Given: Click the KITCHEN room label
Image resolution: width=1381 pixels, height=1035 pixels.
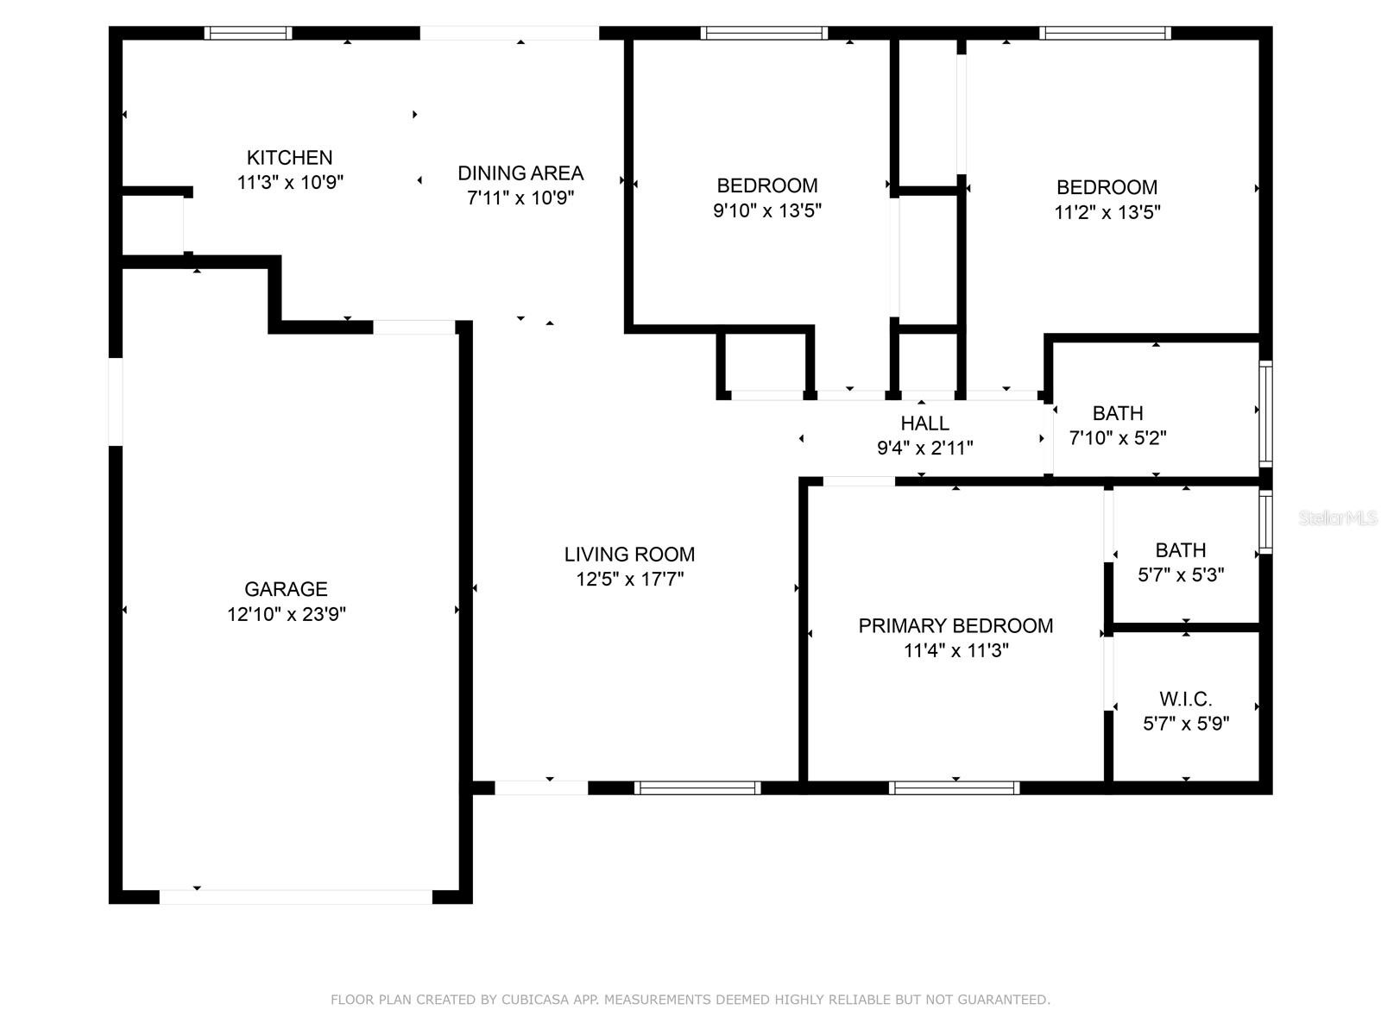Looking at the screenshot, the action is click(x=289, y=157).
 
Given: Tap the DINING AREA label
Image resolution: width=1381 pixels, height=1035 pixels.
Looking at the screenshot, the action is click(x=520, y=172).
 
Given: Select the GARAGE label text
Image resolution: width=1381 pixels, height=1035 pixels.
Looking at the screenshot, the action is click(x=286, y=589).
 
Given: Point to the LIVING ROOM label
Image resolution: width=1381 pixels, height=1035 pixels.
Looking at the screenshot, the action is click(x=629, y=555).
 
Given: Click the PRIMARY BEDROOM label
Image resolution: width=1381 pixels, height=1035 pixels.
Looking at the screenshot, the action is click(x=955, y=626).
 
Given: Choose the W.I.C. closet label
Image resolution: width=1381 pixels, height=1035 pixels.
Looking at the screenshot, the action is click(x=1185, y=699).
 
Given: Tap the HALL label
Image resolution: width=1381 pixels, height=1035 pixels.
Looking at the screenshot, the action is click(x=925, y=423).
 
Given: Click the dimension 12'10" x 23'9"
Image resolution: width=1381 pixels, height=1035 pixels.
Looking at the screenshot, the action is click(x=287, y=614).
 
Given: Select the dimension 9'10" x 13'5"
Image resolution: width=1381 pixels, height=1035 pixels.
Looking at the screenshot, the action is click(x=767, y=210).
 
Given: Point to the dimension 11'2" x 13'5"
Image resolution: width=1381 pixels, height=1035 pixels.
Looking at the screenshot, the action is click(x=1107, y=212).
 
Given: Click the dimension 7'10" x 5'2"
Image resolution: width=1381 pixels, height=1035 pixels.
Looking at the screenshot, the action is click(x=1118, y=438).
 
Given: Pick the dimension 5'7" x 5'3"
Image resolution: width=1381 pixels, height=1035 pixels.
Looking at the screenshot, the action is click(x=1181, y=575).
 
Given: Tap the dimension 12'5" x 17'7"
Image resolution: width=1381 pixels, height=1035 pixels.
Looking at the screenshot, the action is click(x=630, y=579).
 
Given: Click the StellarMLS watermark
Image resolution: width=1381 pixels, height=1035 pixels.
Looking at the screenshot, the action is click(x=1338, y=518).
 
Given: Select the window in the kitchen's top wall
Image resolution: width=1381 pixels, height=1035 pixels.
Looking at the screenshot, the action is click(x=248, y=33).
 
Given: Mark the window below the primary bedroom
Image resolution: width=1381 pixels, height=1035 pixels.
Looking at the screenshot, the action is click(x=954, y=788).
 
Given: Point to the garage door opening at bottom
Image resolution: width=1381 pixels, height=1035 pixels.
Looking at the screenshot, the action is click(x=296, y=897).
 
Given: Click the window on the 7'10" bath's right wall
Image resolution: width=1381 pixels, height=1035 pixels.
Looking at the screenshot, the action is click(x=1265, y=414).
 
